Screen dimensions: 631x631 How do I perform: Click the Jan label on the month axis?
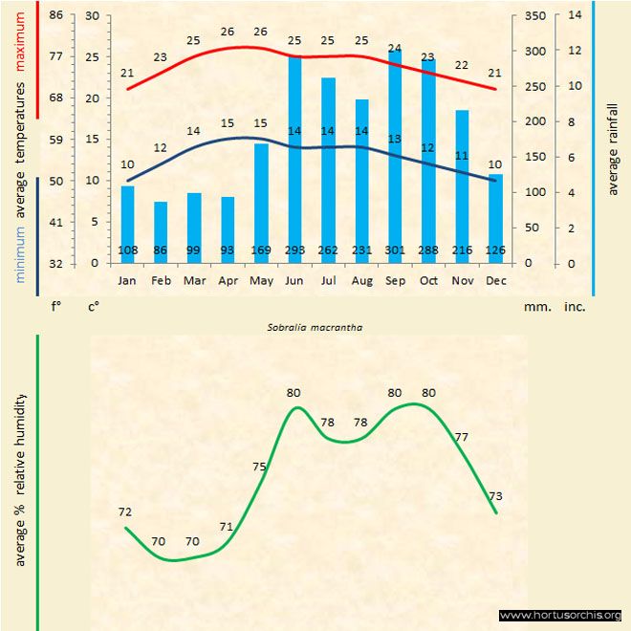click(127, 281)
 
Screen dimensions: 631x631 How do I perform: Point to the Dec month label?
click(495, 281)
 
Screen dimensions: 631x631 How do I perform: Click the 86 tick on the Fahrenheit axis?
click(55, 16)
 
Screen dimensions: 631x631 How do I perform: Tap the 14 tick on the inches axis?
click(575, 16)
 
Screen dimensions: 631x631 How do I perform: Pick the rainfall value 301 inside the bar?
click(395, 250)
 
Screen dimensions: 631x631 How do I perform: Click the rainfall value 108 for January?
click(127, 250)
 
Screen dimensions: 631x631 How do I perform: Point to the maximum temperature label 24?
click(395, 48)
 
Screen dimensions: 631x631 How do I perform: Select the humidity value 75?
click(259, 467)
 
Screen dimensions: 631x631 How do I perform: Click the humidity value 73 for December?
click(495, 496)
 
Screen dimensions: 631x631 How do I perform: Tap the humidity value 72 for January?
click(125, 512)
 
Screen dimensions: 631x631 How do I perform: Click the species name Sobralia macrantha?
click(308, 326)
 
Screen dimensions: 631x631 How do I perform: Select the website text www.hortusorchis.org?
click(560, 616)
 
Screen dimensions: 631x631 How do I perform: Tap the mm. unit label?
click(534, 308)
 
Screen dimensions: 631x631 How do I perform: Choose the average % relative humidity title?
click(20, 479)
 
